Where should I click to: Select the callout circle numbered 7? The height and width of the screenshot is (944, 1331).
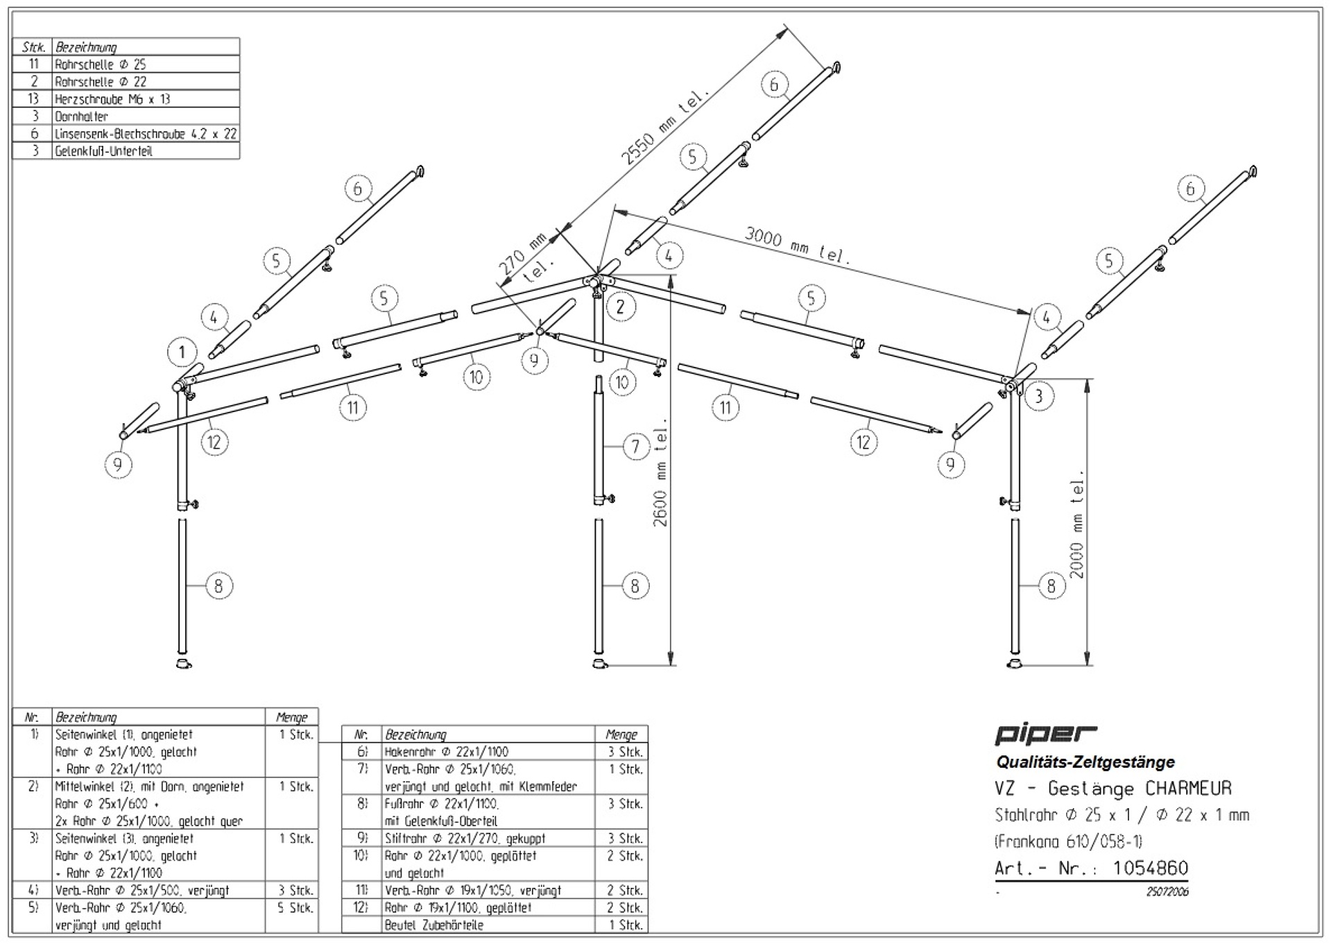click(635, 446)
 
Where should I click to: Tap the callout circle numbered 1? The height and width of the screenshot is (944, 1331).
click(182, 352)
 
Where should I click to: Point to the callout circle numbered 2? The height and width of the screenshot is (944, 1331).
click(620, 307)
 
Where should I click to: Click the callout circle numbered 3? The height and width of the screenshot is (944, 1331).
click(1038, 397)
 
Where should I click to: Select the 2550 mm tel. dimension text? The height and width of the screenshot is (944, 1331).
click(664, 126)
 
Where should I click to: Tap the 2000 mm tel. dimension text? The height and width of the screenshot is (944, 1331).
click(1076, 524)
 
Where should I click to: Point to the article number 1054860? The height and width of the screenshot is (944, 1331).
click(1150, 868)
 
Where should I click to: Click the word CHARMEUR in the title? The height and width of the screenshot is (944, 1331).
click(1188, 789)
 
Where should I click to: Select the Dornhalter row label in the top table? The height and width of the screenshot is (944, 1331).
click(81, 117)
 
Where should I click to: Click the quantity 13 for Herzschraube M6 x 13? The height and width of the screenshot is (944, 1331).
click(33, 98)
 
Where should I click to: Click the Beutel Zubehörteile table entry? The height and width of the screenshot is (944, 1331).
click(433, 925)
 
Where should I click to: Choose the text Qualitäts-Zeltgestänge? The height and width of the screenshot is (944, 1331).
click(1085, 762)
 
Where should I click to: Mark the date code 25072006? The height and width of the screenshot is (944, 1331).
click(1167, 892)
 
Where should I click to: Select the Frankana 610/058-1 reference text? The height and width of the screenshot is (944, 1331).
click(1068, 842)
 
